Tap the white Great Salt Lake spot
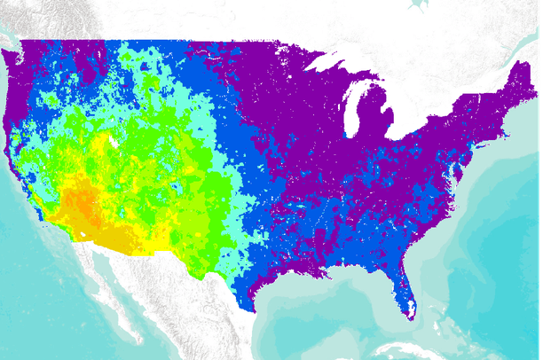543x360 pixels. pos(113,140)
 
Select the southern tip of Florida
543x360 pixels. pos(411,314)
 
